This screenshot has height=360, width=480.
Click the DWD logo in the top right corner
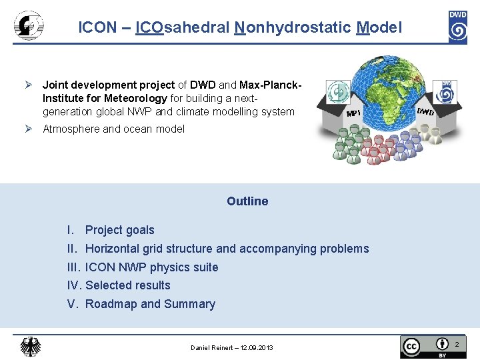(457, 27)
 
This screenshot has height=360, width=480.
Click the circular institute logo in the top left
(29, 27)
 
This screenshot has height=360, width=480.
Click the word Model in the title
(379, 27)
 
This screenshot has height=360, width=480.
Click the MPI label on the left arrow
(353, 113)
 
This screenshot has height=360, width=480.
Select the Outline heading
(247, 201)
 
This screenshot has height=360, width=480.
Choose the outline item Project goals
(119, 230)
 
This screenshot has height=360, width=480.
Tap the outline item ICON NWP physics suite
(151, 267)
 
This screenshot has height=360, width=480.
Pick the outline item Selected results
(128, 285)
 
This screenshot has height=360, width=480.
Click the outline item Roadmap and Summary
(150, 304)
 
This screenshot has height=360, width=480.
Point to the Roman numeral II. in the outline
(73, 249)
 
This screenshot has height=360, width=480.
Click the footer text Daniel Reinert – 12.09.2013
(231, 348)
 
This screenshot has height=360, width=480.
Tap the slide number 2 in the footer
(457, 345)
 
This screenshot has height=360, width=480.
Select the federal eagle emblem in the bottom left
(30, 347)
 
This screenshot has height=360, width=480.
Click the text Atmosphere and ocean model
(113, 129)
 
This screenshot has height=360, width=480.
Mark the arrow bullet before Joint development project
(29, 85)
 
